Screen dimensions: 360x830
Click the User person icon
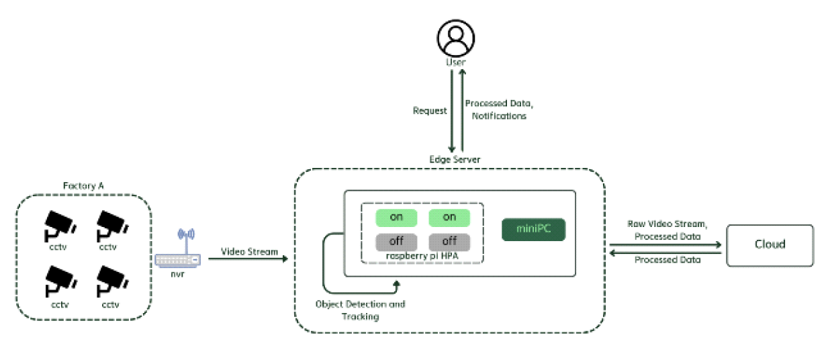[456, 37]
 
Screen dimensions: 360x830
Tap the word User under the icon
[456, 62]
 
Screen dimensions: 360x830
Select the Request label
[430, 110]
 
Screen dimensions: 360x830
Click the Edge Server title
[455, 159]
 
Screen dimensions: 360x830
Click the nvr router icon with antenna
[177, 250]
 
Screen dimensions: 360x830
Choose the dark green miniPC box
[534, 229]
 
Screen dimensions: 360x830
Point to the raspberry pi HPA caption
[421, 256]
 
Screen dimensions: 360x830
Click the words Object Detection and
[361, 304]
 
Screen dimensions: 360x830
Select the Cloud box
[770, 245]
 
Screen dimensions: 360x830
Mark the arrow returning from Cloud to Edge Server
[664, 253]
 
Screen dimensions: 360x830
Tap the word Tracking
[361, 316]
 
